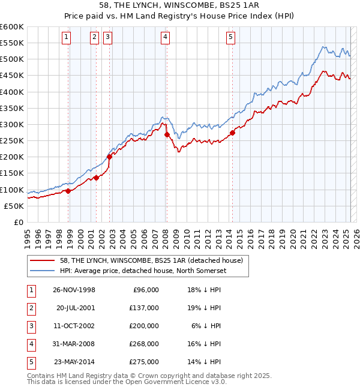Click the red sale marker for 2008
click(x=166, y=135)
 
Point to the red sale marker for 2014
click(x=232, y=133)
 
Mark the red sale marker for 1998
click(x=68, y=191)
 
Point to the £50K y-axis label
click(x=14, y=206)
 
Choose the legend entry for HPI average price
click(x=142, y=271)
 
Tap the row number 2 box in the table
click(x=31, y=308)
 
